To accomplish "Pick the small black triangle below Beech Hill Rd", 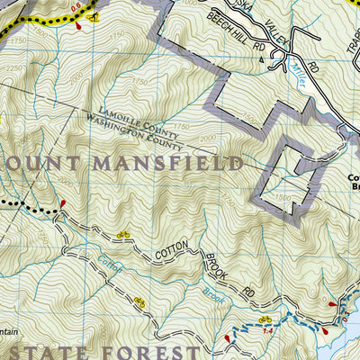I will [x=262, y=60].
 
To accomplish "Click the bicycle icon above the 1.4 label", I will [x=265, y=319].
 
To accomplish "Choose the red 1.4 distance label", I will [x=265, y=332].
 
